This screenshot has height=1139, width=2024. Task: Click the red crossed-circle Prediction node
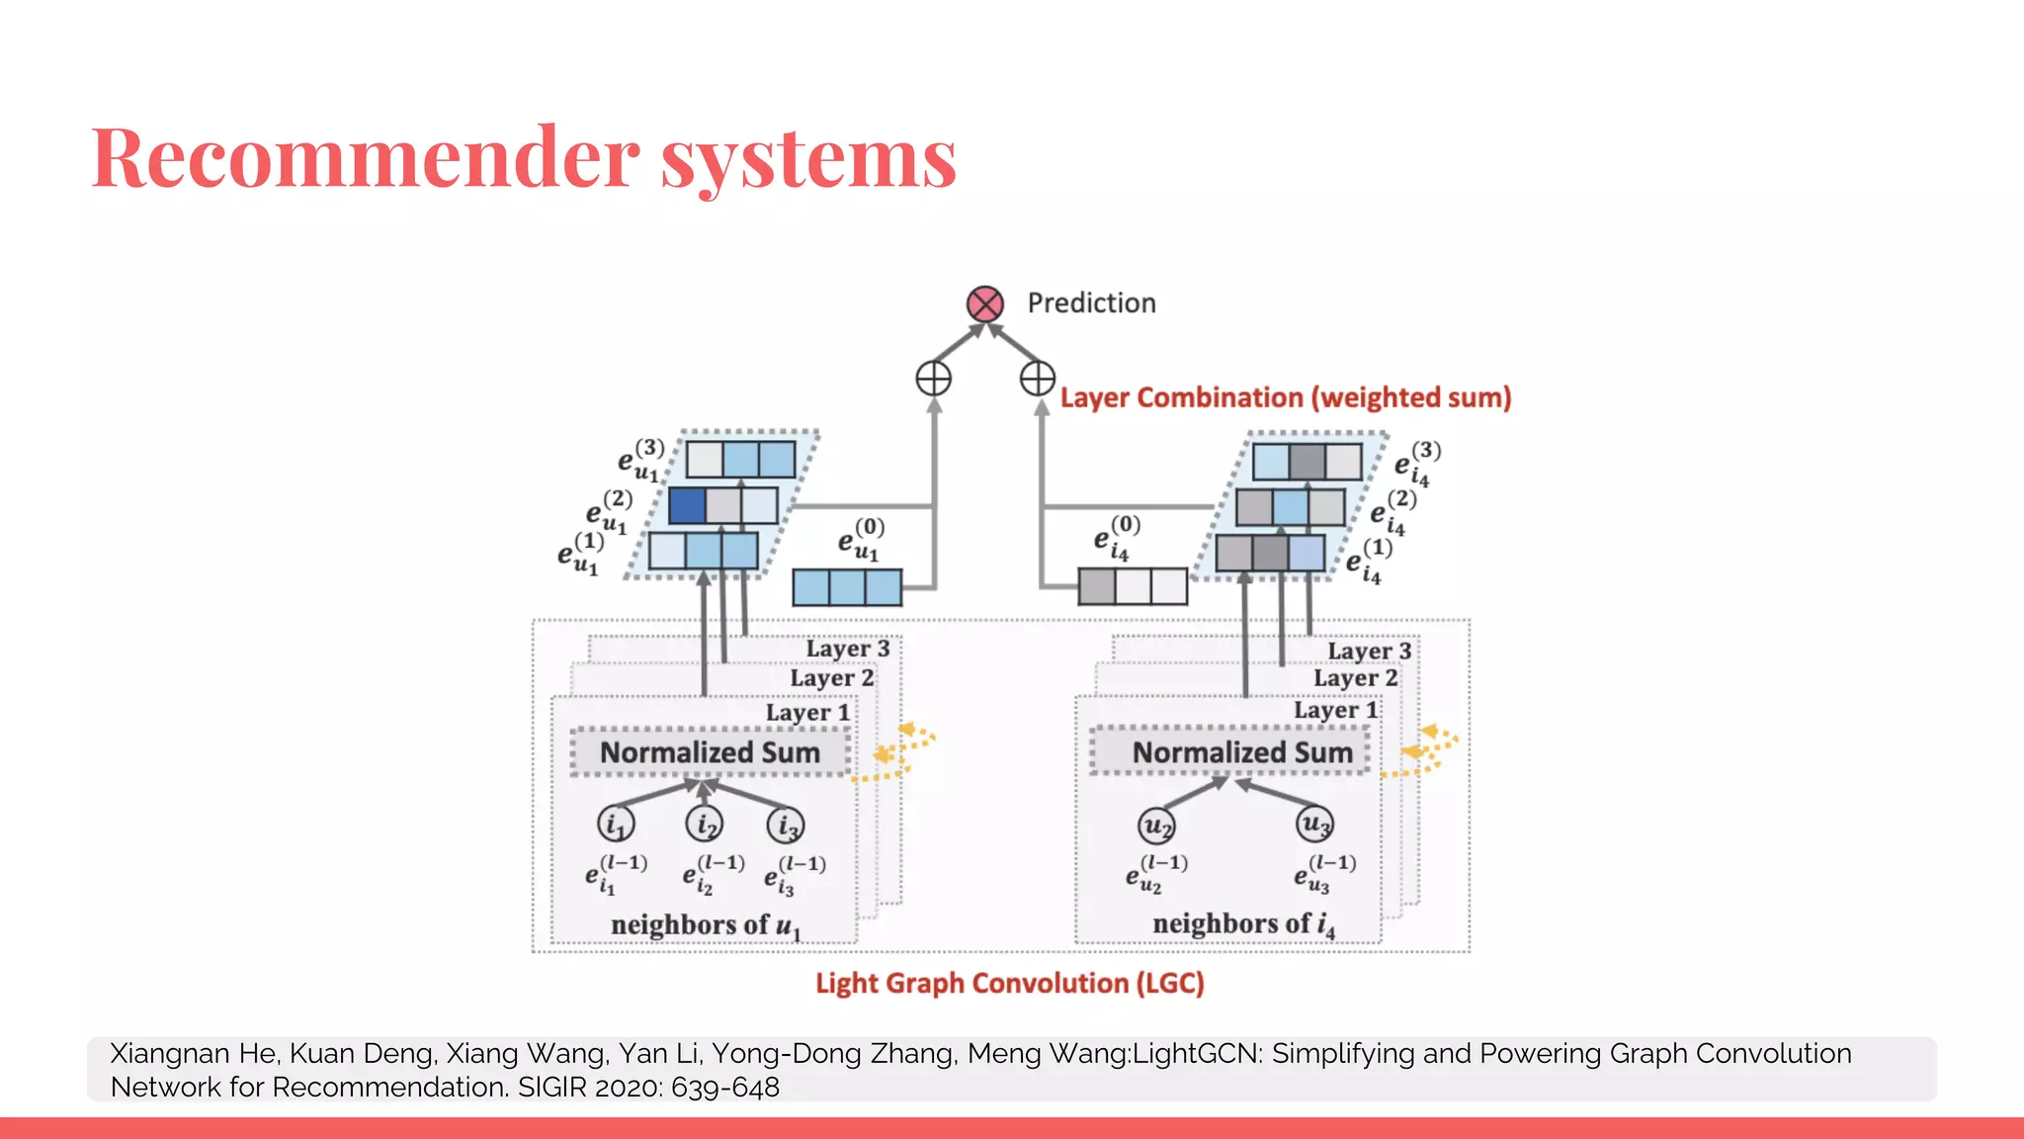pyautogui.click(x=985, y=305)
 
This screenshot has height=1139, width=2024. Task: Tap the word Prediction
pyautogui.click(x=1091, y=303)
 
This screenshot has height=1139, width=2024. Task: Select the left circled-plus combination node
pyautogui.click(x=933, y=378)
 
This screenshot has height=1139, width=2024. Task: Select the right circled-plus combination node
pyautogui.click(x=1038, y=378)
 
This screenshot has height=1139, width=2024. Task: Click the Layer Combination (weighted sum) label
pyautogui.click(x=1285, y=397)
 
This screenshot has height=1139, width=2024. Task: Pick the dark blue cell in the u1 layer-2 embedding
pyautogui.click(x=687, y=505)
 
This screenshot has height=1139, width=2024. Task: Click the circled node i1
pyautogui.click(x=616, y=824)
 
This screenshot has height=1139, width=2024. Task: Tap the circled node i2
pyautogui.click(x=705, y=823)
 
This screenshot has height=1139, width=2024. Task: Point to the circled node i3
pyautogui.click(x=786, y=825)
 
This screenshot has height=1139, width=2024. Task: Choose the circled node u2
pyautogui.click(x=1156, y=825)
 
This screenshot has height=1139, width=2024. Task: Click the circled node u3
pyautogui.click(x=1314, y=823)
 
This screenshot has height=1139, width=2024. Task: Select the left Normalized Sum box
pyautogui.click(x=710, y=752)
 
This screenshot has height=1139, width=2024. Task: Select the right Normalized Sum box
pyautogui.click(x=1241, y=752)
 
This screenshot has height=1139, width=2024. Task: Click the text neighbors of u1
pyautogui.click(x=705, y=925)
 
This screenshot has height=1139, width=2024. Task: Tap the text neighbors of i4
pyautogui.click(x=1242, y=924)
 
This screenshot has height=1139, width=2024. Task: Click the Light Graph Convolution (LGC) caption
pyautogui.click(x=1009, y=983)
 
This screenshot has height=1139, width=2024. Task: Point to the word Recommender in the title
pyautogui.click(x=366, y=158)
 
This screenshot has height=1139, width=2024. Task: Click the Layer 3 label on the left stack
pyautogui.click(x=847, y=649)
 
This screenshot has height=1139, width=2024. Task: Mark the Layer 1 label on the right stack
pyautogui.click(x=1335, y=711)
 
